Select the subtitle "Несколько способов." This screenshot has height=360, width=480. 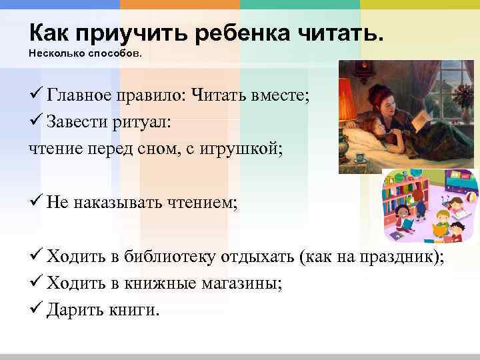[85, 52]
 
